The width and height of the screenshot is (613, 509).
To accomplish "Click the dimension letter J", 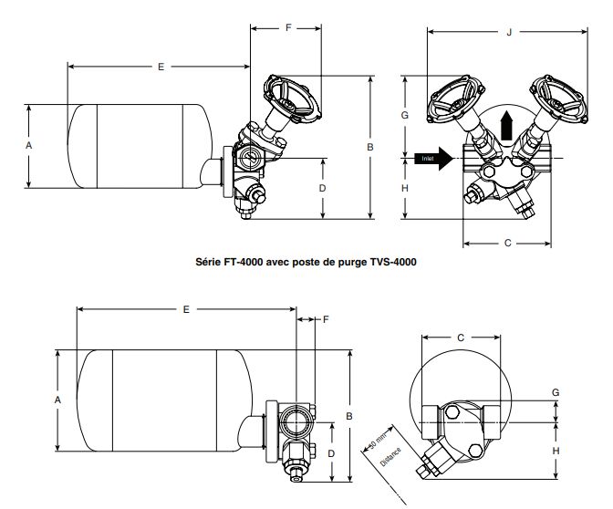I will (507, 33).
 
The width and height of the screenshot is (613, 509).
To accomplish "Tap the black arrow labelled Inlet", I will (432, 159).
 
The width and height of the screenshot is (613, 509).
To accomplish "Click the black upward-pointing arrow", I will (508, 125).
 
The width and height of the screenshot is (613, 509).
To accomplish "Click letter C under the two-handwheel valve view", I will (507, 244).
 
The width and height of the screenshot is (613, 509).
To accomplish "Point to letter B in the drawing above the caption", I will (370, 146).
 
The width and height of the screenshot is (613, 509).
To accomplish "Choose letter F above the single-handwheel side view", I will (288, 28).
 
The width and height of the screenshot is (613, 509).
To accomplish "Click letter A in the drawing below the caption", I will (57, 400).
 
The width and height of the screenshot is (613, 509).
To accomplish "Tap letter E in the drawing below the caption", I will (186, 310).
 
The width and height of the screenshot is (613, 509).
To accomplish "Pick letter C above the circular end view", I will (461, 338).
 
